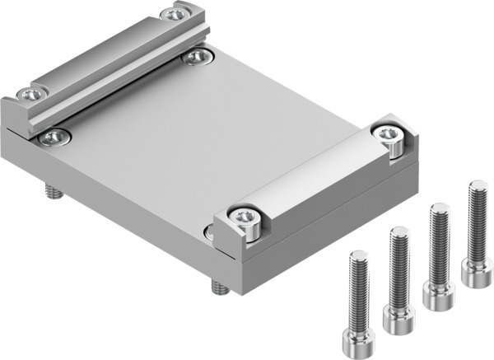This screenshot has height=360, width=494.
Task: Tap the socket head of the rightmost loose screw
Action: tap(477, 271)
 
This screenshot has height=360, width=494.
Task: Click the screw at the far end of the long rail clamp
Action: tap(174, 14)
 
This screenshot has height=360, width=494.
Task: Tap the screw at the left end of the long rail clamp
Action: tap(31, 95)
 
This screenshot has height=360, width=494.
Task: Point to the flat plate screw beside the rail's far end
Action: tap(198, 56)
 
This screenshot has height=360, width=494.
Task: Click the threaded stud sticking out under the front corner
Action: tap(218, 288)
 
